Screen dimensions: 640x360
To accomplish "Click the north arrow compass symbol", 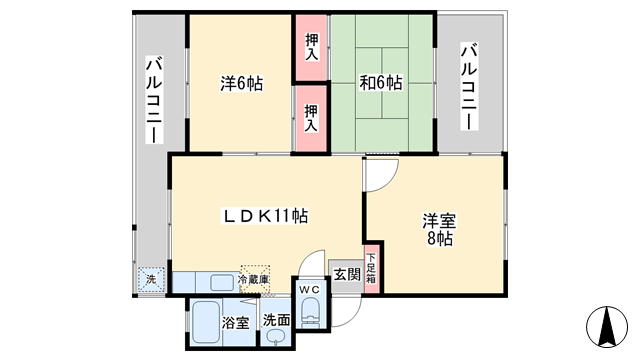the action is point(607,327).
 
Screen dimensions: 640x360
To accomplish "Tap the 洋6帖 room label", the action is point(242,83).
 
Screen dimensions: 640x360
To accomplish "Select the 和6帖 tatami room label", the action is point(380,83).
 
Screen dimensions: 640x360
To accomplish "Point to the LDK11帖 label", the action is point(264,216).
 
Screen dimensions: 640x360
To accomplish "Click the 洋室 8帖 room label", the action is point(439,229).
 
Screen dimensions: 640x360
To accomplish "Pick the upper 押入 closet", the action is point(311,47).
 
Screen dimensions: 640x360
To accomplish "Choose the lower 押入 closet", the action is point(311,118).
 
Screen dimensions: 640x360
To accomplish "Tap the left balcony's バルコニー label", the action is point(154,100).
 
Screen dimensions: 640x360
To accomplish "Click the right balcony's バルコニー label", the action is point(469,86).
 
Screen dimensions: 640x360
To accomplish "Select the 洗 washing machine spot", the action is point(151,280).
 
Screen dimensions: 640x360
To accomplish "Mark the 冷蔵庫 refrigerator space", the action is point(254,279).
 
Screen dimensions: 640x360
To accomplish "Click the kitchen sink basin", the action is point(222,282).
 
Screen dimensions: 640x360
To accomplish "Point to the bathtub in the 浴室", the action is point(206,322).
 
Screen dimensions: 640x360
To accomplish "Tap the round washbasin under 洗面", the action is point(274,336).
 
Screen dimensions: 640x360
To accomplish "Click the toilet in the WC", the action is point(310,312).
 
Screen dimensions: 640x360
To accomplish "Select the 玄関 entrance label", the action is point(347,274).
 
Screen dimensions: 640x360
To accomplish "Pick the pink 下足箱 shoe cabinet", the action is point(372,269).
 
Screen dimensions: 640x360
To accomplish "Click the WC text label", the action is point(309,289).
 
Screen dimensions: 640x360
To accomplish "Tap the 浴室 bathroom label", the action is point(236,323).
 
